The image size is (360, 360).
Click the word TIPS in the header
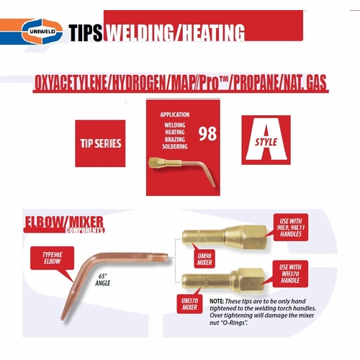[86, 32]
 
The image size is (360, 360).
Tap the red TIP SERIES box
[99, 143]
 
